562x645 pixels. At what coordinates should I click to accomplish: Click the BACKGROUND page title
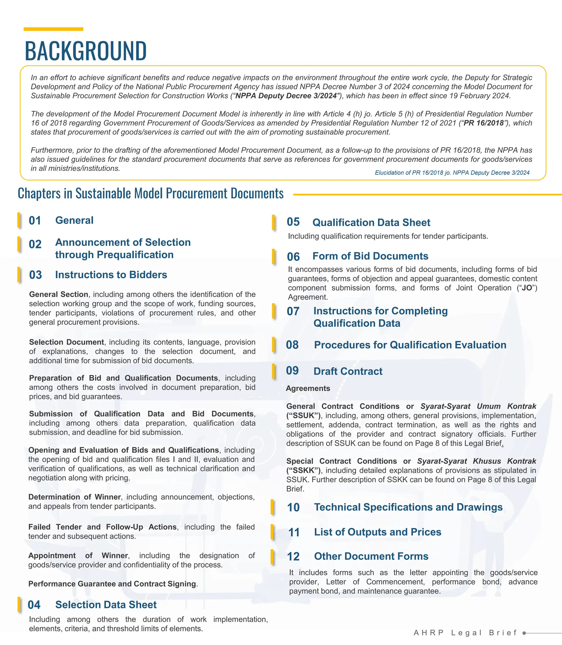86,51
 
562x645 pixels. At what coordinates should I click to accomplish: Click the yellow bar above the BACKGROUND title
53,29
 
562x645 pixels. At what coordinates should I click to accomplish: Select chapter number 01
35,220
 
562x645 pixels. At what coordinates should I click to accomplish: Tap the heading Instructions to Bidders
111,275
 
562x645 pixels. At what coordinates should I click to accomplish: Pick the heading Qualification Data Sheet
371,222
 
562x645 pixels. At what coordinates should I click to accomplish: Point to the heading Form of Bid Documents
370,256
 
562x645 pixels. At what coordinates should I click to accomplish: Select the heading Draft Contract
348,371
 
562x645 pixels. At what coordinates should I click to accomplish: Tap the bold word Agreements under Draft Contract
308,388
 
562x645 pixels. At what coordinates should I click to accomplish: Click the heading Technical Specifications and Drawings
408,507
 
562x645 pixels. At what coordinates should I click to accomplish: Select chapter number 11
294,533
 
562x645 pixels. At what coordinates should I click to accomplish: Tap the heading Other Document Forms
371,556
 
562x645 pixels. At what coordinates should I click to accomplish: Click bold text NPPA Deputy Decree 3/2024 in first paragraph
286,96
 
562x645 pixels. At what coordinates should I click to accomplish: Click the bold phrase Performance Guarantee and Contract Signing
112,584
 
